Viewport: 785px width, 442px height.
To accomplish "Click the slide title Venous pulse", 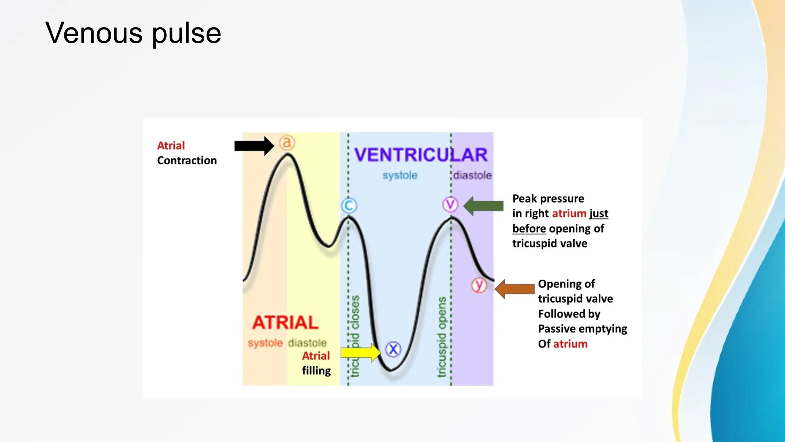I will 133,33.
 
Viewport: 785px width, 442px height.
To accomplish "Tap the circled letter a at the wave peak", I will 287,142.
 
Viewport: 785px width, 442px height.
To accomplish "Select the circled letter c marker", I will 349,206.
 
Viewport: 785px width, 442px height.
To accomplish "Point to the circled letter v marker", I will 450,205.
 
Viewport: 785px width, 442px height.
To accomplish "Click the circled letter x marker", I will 393,349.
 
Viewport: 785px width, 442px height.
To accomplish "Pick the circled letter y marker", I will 479,285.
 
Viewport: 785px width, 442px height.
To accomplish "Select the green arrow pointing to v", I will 483,206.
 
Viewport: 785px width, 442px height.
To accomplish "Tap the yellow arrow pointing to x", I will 360,352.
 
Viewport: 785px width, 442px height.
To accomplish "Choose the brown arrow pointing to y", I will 515,289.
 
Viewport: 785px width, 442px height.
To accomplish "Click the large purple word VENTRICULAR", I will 421,155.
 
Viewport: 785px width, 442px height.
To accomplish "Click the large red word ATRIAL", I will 286,323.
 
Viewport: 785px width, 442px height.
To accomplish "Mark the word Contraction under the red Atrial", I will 187,160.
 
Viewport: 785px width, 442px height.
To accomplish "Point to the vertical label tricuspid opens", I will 442,337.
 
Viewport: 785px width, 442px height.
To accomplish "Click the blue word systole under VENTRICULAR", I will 400,175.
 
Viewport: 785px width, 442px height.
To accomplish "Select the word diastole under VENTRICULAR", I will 472,175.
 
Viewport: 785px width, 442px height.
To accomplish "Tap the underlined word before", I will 529,229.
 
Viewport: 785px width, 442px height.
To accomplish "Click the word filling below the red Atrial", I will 316,371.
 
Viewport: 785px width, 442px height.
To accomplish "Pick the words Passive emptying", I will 582,329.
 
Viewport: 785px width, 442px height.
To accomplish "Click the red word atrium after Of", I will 570,344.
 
